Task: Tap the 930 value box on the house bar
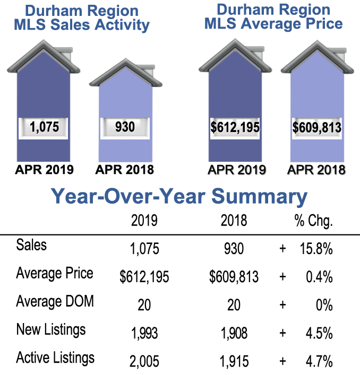(x=126, y=127)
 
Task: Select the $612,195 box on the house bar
(x=235, y=128)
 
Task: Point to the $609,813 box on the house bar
(x=316, y=128)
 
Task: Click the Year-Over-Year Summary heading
(x=179, y=196)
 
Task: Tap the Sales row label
(x=31, y=245)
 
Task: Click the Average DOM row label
(x=55, y=301)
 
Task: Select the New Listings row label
(x=51, y=329)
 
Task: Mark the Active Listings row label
(x=55, y=357)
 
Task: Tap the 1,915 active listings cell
(x=234, y=362)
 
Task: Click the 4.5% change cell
(x=319, y=333)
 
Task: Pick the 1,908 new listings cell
(x=234, y=333)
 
